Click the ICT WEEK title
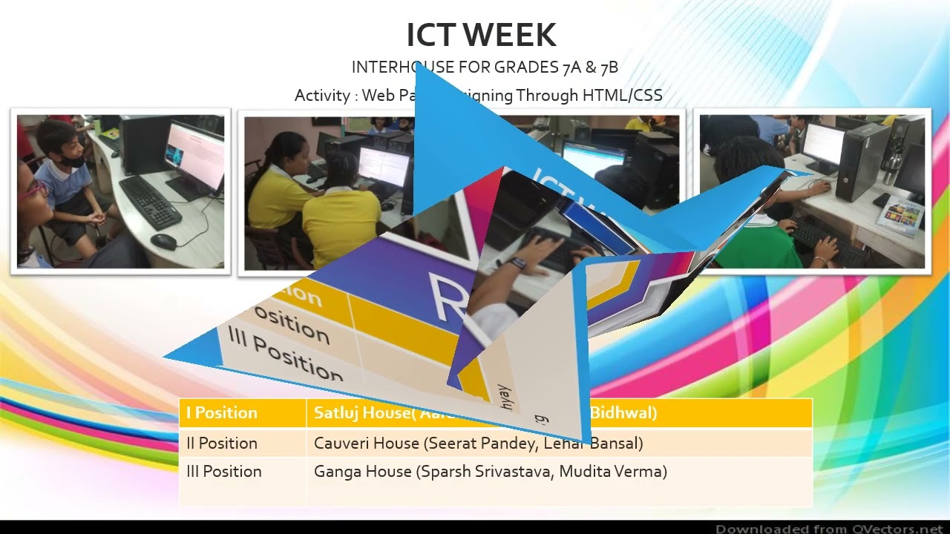pyautogui.click(x=481, y=35)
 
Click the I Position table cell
pyautogui.click(x=222, y=413)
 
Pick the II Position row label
pyautogui.click(x=222, y=444)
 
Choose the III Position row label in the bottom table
pyautogui.click(x=224, y=472)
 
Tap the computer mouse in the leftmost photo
pyautogui.click(x=163, y=241)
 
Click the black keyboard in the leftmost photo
pyautogui.click(x=150, y=201)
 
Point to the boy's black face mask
pyautogui.click(x=72, y=159)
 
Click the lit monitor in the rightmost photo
pyautogui.click(x=823, y=146)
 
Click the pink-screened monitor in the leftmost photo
pyautogui.click(x=195, y=156)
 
